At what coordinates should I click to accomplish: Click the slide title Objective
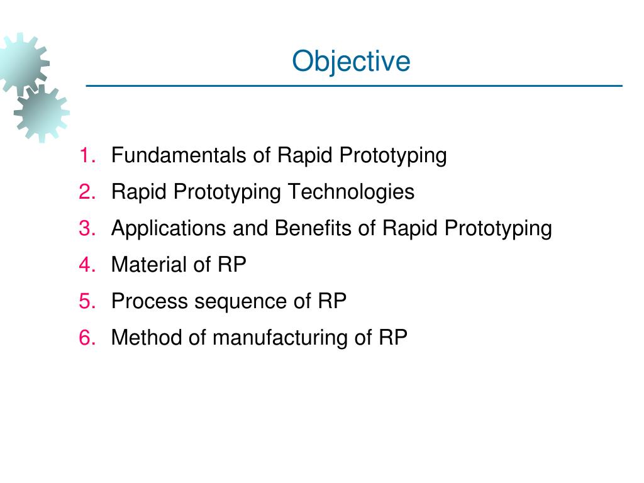click(351, 62)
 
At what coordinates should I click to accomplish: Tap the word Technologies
click(351, 192)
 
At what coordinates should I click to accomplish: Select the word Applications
click(169, 229)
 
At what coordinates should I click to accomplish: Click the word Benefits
click(313, 228)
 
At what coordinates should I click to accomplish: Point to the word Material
click(149, 265)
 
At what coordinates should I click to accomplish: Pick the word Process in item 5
click(149, 301)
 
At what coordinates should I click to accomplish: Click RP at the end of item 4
click(232, 265)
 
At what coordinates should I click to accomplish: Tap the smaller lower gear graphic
click(42, 113)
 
